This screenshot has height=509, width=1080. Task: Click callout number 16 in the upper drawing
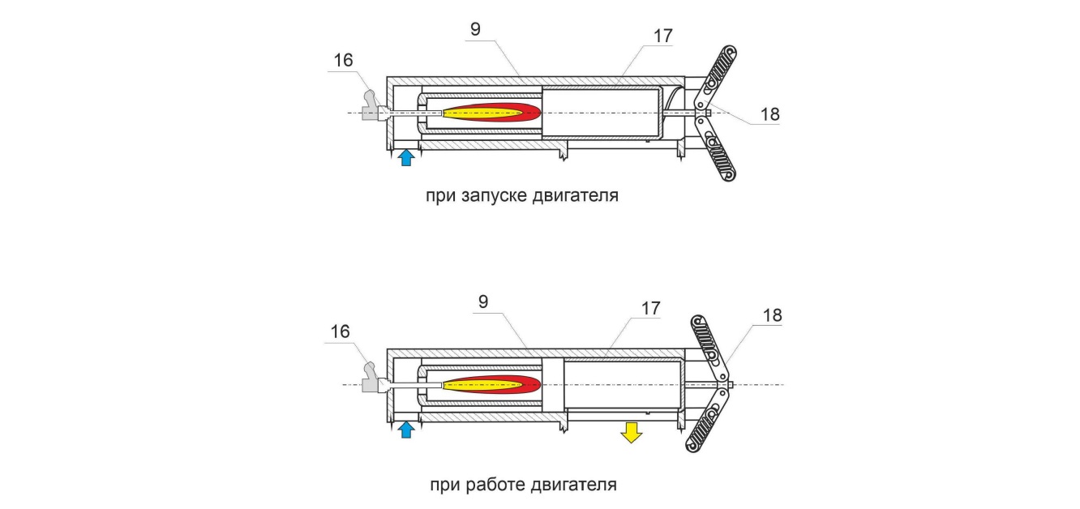[343, 60]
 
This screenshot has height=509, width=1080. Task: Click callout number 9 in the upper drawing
[475, 29]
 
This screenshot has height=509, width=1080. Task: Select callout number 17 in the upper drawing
[663, 36]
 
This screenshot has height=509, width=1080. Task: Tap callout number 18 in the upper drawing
[770, 114]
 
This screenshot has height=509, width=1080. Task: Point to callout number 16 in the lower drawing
[340, 331]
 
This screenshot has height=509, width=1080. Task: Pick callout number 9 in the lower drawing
[483, 302]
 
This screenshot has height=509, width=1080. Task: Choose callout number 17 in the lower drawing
[650, 308]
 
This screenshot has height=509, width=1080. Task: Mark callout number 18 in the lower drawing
[773, 315]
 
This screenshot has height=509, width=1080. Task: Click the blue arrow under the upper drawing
[406, 157]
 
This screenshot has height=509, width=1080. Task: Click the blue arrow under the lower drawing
[406, 430]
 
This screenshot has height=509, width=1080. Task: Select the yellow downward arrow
[631, 432]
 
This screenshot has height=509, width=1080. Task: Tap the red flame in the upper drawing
[492, 113]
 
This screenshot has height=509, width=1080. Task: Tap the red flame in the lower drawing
[492, 385]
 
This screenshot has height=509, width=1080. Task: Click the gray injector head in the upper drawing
[372, 107]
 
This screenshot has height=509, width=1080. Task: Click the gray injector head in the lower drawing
[372, 379]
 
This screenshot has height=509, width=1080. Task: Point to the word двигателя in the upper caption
[576, 195]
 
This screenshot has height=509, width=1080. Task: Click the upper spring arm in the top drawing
[717, 76]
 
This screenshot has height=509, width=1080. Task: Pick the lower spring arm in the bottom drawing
[708, 421]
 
